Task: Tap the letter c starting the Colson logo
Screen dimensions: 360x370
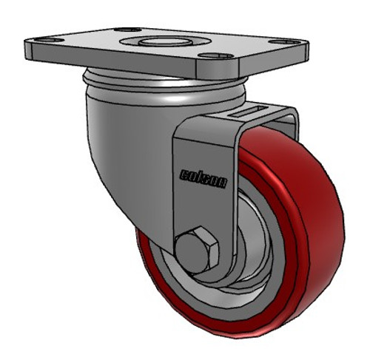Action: (182, 174)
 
